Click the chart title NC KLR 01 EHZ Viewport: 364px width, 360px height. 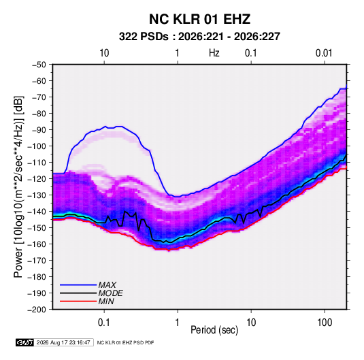tap(199, 19)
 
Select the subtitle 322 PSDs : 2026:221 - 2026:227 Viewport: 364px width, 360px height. tap(199, 37)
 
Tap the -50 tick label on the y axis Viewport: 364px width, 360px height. tap(39, 65)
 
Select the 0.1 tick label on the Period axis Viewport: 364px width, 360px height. tap(104, 323)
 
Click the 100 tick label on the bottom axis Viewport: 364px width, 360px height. tap(325, 323)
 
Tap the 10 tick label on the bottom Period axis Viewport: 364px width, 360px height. tap(251, 323)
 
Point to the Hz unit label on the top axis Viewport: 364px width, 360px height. tap(214, 53)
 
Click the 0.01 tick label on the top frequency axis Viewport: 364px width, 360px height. tap(324, 53)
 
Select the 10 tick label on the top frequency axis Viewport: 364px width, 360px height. tap(104, 53)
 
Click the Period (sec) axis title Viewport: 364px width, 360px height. tap(214, 330)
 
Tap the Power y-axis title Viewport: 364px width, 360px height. tap(19, 187)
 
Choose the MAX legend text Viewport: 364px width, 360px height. tap(107, 285)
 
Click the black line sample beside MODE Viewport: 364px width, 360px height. tap(78, 293)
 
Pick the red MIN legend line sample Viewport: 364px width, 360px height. tap(78, 301)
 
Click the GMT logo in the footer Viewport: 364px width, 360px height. tap(25, 342)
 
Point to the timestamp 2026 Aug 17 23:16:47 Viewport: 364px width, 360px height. tap(63, 342)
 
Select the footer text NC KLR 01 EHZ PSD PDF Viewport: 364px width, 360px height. tap(125, 342)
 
